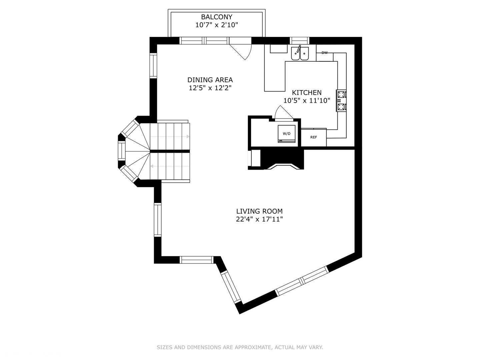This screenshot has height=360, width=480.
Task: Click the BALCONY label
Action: pos(216,17)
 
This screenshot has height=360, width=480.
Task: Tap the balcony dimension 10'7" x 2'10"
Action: pos(216,25)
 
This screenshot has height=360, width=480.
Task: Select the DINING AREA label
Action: pos(210,80)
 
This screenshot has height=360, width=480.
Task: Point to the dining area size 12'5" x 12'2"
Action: pos(210,88)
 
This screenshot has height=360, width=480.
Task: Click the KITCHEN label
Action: pos(307,93)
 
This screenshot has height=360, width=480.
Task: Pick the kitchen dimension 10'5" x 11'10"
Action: pos(307,100)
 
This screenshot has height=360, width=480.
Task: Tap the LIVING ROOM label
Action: pos(259,211)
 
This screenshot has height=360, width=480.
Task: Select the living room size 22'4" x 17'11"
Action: pos(259,219)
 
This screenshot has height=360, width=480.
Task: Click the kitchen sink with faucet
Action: pos(300,53)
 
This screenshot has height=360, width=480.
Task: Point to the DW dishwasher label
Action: pos(324,53)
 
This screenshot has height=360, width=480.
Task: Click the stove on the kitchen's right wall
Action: pos(341,100)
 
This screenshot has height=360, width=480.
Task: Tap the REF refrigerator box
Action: pos(314,137)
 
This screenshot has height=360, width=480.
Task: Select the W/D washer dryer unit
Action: pos(287,134)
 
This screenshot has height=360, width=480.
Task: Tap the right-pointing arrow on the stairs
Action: pos(188,137)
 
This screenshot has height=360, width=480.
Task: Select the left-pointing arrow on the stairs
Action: pos(152,166)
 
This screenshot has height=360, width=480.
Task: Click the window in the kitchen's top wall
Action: pos(299,41)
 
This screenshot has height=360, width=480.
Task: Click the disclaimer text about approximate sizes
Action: pos(240,347)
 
